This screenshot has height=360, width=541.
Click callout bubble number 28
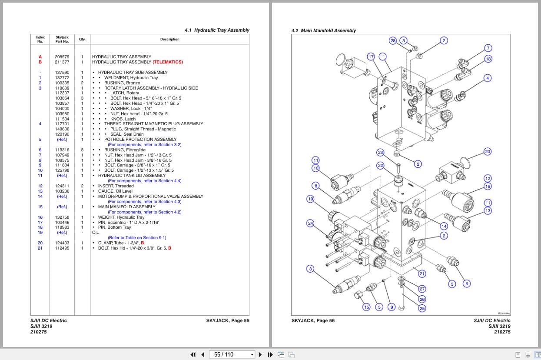393,40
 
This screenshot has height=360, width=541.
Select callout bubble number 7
488,48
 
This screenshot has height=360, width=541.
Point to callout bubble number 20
488,151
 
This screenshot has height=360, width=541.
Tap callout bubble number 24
310,223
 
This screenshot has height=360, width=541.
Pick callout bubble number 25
422,308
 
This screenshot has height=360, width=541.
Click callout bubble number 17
371,57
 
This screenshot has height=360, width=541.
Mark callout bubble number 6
467,283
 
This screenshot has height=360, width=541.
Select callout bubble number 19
310,199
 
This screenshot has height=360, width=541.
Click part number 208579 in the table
62,57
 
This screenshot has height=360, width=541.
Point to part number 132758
62,217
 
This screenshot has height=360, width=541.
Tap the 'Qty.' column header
82,39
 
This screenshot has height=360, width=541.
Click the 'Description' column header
169,39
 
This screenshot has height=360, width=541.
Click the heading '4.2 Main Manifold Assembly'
323,30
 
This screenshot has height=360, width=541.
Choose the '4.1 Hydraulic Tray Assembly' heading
217,30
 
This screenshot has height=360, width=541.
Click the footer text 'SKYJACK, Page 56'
313,320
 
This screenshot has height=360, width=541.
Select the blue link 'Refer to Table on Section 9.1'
137,238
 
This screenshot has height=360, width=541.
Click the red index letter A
40,57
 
